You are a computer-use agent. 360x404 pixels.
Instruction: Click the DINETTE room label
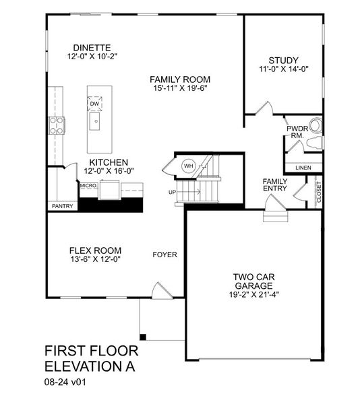(92, 47)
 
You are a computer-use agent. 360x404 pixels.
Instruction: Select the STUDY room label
(283, 60)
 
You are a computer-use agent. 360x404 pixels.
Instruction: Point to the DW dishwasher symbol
(94, 103)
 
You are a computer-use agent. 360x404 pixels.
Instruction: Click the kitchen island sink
(95, 123)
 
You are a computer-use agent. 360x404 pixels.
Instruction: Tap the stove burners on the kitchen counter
(56, 125)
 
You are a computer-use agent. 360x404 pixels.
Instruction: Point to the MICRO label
(88, 186)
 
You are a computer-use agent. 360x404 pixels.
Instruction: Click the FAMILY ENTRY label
(275, 184)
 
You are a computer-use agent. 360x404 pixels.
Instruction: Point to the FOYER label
(164, 255)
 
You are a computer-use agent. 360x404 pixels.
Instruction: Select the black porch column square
(143, 336)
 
